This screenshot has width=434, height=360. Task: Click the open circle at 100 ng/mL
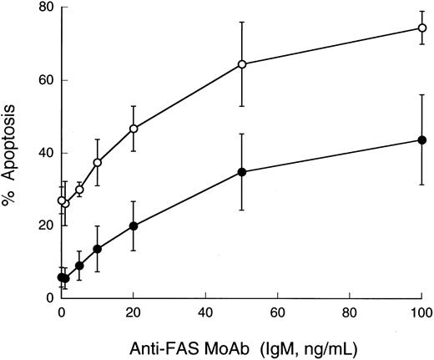tap(422, 28)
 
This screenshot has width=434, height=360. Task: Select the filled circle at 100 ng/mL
tap(422, 139)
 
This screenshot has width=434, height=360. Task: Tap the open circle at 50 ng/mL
tap(242, 64)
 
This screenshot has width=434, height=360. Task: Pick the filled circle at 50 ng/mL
tap(242, 172)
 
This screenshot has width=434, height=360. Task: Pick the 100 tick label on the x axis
tap(421, 313)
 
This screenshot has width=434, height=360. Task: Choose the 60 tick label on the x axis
tap(278, 313)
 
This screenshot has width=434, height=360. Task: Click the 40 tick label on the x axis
tap(205, 313)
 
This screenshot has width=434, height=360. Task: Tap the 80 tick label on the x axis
tap(350, 313)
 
